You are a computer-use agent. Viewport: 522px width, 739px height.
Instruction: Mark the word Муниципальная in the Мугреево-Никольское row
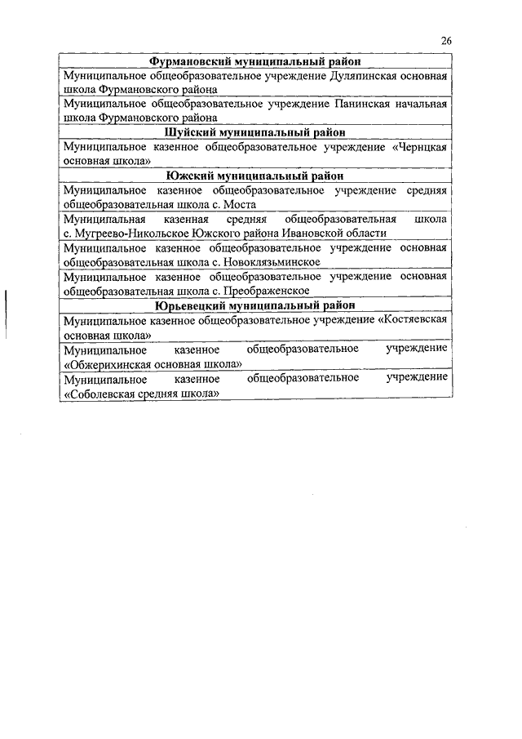click(104, 220)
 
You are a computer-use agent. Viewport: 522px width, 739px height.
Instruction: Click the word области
click(365, 234)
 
